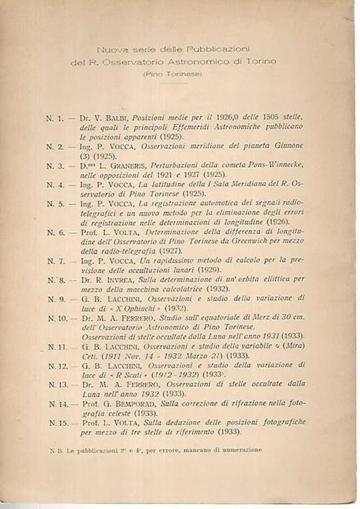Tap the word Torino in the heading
pos(263,62)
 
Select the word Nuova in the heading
pos(109,50)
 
